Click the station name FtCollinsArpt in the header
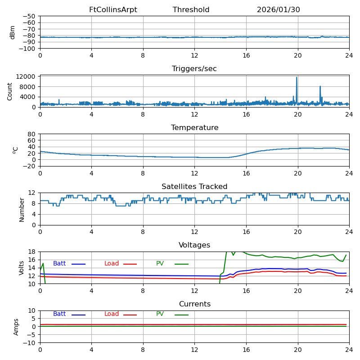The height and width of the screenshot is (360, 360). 113,10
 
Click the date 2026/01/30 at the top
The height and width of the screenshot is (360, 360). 278,10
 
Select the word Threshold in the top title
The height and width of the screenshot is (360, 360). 191,10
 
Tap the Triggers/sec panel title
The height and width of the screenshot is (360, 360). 194,69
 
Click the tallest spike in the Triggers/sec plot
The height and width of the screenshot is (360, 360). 297,78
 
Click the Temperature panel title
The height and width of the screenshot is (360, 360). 194,128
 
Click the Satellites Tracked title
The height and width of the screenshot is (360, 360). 194,187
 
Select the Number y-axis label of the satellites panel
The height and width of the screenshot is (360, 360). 22,209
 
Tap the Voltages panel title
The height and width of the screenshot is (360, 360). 194,245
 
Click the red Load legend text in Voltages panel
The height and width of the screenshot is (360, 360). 112,264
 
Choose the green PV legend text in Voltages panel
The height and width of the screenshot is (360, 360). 160,264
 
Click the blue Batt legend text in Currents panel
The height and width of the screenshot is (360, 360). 59,314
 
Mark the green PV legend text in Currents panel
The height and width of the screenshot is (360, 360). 160,314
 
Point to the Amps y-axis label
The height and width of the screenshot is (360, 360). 17,327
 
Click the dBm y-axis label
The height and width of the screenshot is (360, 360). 13,32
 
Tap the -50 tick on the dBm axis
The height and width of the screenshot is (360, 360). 29,16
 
